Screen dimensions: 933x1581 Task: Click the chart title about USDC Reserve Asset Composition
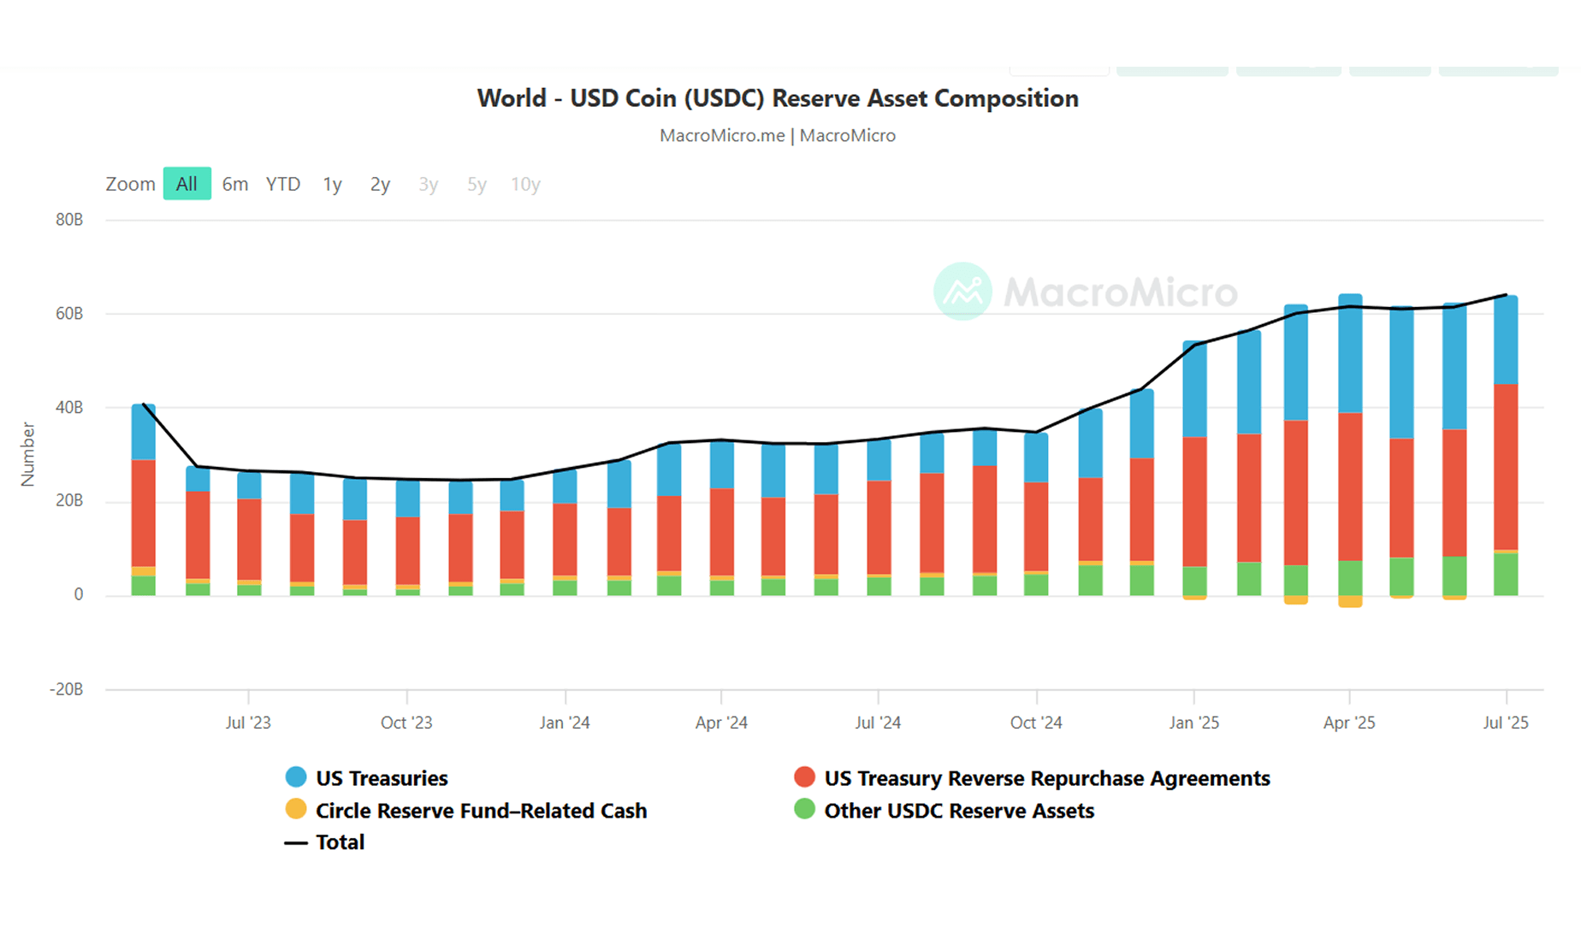(777, 98)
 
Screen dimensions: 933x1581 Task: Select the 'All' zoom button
(187, 184)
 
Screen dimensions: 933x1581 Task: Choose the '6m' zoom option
(234, 184)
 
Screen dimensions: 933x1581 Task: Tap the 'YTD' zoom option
(282, 184)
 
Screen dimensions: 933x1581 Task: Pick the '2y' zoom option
(380, 184)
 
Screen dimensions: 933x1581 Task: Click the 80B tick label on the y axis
(69, 220)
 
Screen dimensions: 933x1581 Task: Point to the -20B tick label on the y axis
(66, 689)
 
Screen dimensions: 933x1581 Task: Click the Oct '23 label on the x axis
(406, 723)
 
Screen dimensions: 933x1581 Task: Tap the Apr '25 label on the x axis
(1349, 723)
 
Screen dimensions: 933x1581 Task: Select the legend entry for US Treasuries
(381, 778)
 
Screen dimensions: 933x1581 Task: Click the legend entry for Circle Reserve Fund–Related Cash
(480, 811)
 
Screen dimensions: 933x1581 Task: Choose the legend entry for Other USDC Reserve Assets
(958, 811)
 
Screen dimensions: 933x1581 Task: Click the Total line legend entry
(339, 842)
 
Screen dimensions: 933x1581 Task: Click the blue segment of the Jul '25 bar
(1506, 340)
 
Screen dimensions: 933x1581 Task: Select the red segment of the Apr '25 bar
(1350, 487)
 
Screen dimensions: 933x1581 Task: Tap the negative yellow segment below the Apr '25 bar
(1350, 601)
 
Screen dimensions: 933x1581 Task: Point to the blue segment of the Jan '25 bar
(1194, 390)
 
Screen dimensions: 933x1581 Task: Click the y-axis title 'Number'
(27, 454)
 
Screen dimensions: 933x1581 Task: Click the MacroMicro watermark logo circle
(962, 292)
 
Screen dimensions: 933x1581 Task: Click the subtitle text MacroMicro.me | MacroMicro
(777, 135)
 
